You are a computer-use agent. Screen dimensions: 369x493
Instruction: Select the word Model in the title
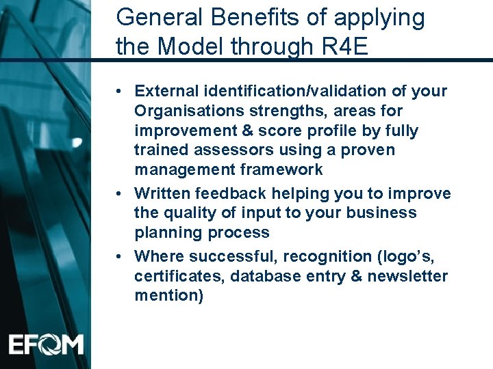tap(194, 48)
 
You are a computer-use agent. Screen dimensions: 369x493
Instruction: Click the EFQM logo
tap(46, 344)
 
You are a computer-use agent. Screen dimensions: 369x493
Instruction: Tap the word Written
tap(162, 194)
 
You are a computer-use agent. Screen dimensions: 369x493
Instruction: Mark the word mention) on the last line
tap(169, 296)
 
